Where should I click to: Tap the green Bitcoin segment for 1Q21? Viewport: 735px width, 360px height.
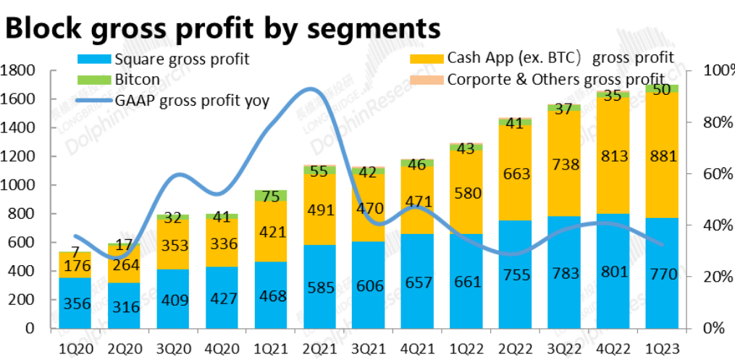pyautogui.click(x=271, y=196)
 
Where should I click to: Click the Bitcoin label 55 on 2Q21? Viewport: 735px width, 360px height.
pyautogui.click(x=319, y=171)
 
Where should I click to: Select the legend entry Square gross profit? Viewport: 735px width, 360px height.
pyautogui.click(x=181, y=59)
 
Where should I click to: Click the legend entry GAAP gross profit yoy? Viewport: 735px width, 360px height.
pyautogui.click(x=192, y=100)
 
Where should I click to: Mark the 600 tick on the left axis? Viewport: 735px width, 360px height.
pyautogui.click(x=24, y=243)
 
